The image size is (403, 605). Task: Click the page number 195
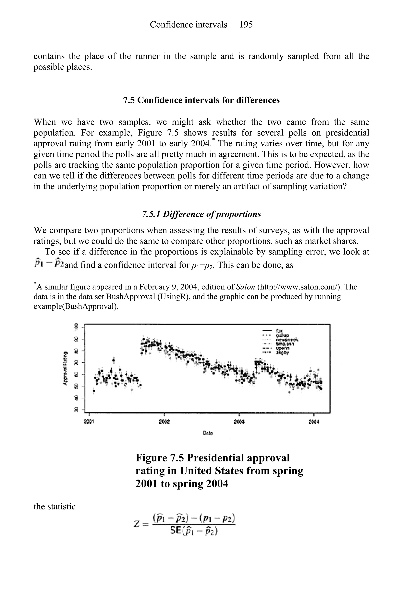tap(246, 25)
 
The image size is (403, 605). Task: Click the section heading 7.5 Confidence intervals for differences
tap(201, 100)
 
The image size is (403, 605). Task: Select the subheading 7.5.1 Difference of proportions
tap(201, 214)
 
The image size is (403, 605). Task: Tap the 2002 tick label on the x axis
tap(164, 422)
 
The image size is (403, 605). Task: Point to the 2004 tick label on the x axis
tap(314, 422)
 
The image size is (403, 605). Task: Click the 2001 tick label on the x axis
tap(89, 422)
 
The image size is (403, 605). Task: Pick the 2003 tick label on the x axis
tap(239, 422)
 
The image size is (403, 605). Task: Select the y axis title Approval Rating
tap(65, 368)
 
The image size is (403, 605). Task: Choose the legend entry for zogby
tap(282, 353)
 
